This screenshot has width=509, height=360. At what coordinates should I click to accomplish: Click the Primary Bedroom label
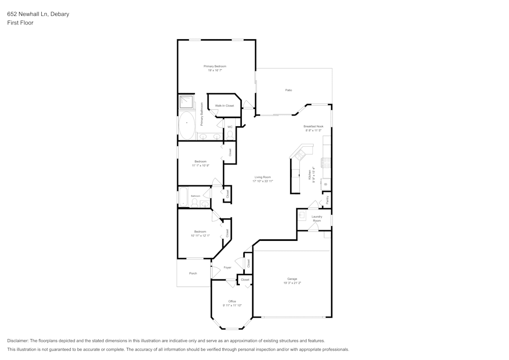point(215,66)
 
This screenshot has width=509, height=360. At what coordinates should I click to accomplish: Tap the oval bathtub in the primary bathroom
point(186,125)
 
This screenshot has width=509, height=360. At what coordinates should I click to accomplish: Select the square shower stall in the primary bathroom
point(186,102)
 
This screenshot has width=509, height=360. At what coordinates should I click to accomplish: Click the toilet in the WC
point(230,135)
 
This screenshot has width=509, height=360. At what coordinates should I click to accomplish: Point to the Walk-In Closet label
point(224,105)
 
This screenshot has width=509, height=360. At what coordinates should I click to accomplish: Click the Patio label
point(289,90)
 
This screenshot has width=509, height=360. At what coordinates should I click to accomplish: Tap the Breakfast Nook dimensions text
point(314,130)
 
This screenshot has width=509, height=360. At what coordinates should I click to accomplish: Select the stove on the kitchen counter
point(326,163)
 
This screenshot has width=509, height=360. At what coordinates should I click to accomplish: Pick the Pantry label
point(327,200)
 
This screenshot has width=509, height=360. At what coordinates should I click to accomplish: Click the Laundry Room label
point(317,218)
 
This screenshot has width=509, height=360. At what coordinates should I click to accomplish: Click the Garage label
point(292,279)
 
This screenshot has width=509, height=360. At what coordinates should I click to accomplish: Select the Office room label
point(232,301)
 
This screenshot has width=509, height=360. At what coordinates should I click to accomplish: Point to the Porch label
point(193,273)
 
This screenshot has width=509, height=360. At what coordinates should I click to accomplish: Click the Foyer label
point(228,267)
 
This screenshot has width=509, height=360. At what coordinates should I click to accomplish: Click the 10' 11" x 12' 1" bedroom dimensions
point(200,236)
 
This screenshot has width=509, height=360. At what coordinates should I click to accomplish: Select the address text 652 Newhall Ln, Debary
point(38,14)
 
